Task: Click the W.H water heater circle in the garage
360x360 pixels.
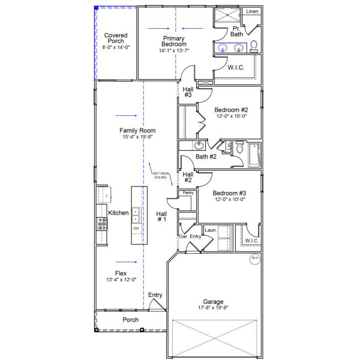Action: tap(254, 259)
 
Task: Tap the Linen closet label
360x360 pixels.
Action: tap(252, 11)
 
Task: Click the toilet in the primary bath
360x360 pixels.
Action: tap(254, 46)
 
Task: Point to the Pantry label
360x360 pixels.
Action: tap(188, 193)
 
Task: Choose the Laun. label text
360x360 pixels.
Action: tap(210, 230)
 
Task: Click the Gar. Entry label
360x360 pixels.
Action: tap(190, 237)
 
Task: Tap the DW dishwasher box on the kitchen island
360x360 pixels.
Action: tap(136, 229)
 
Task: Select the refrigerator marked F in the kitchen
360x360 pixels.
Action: tap(105, 196)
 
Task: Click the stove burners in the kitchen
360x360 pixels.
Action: tap(102, 224)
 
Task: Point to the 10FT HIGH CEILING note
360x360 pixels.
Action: tap(160, 175)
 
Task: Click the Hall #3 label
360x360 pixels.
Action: tap(188, 92)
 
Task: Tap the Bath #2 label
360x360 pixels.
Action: tap(206, 157)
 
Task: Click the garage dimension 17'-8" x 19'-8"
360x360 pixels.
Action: tap(212, 308)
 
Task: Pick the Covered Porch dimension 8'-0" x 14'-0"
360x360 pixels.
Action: tap(116, 47)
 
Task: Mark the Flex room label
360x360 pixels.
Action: tap(121, 273)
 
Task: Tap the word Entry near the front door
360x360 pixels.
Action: tap(155, 295)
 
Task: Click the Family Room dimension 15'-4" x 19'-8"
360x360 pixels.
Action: tap(137, 137)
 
